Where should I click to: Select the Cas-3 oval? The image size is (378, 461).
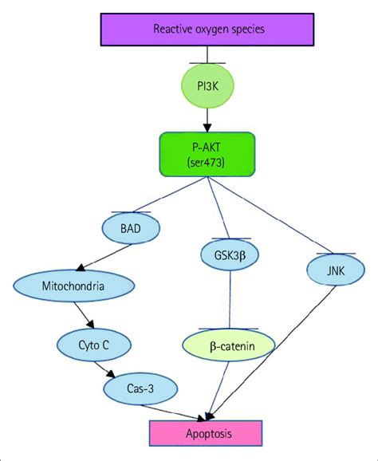tap(132, 388)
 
